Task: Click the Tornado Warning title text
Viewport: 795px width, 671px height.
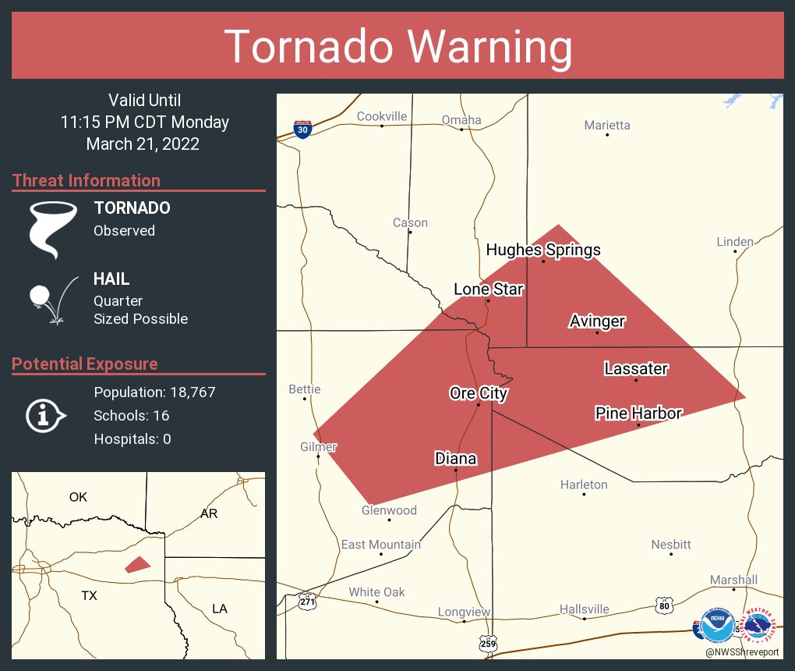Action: [397, 47]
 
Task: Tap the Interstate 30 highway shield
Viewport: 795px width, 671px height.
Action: [303, 129]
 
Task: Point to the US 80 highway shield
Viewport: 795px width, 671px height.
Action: [663, 605]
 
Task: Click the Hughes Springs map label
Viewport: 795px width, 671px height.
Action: [543, 250]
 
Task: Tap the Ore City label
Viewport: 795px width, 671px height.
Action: [479, 393]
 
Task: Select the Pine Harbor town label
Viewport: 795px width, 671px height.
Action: [638, 413]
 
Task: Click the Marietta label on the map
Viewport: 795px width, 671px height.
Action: [607, 125]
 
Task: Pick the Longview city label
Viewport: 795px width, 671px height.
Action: [463, 612]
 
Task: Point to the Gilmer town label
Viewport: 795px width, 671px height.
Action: [319, 446]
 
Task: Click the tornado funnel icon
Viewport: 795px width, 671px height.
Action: [53, 229]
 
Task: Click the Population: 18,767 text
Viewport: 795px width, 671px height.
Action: [154, 392]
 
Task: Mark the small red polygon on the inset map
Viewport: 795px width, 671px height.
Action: [137, 564]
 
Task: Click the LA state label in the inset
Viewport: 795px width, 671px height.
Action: [220, 608]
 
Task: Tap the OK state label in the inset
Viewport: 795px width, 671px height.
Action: [78, 496]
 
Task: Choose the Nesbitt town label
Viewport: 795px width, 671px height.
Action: [670, 544]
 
